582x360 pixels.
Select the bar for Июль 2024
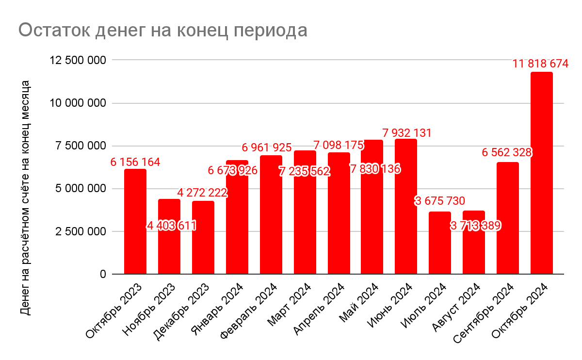(x=440, y=243)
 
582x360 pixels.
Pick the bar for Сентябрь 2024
(x=508, y=218)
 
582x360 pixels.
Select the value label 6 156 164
(x=135, y=162)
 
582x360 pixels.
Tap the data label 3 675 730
(x=440, y=201)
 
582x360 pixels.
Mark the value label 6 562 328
(x=507, y=152)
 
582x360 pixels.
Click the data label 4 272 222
(x=203, y=193)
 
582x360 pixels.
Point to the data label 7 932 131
(x=407, y=132)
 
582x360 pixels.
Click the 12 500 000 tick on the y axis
(x=78, y=60)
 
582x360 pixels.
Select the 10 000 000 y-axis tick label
(x=78, y=103)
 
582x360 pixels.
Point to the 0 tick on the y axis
(x=103, y=274)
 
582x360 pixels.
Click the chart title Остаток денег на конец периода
(x=163, y=30)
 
